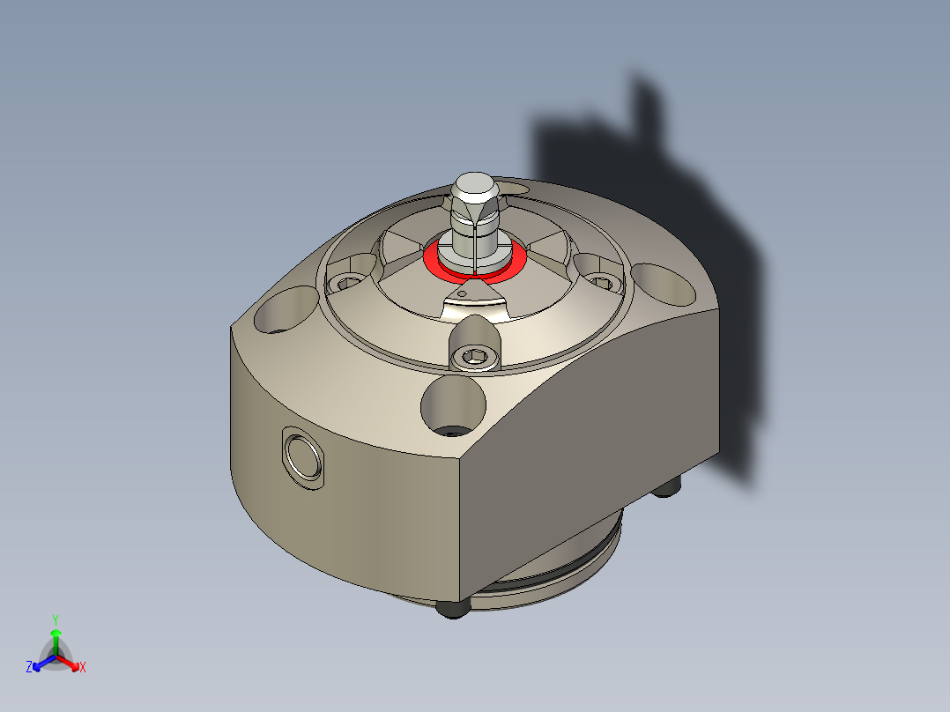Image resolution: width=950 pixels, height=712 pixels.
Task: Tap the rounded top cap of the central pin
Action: tap(473, 186)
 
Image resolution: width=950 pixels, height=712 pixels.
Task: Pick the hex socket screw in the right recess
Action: tap(603, 282)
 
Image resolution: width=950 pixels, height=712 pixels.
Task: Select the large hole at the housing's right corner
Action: tap(664, 282)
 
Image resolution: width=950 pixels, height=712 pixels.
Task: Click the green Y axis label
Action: tap(55, 619)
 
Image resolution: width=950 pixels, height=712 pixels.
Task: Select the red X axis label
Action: tap(83, 668)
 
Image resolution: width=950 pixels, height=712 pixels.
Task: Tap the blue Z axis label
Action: tap(29, 667)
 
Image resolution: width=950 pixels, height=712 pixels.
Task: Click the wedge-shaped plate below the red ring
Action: tap(476, 304)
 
